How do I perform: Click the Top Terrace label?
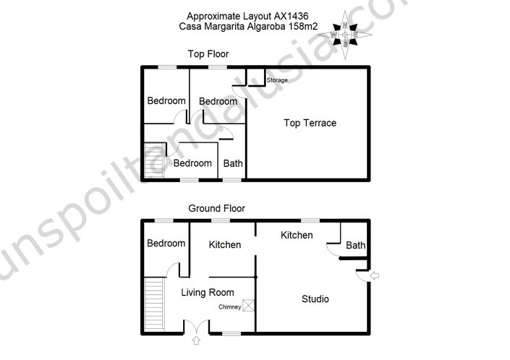(310, 123)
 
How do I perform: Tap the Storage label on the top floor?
(277, 80)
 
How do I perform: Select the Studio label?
(315, 299)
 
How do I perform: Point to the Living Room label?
(208, 293)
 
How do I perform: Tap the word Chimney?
(230, 307)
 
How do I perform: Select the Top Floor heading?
(209, 54)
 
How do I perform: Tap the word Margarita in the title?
(231, 27)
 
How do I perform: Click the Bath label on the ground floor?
(355, 246)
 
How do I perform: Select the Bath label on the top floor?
(233, 163)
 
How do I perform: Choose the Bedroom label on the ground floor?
(166, 244)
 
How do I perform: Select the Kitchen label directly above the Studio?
(297, 236)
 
